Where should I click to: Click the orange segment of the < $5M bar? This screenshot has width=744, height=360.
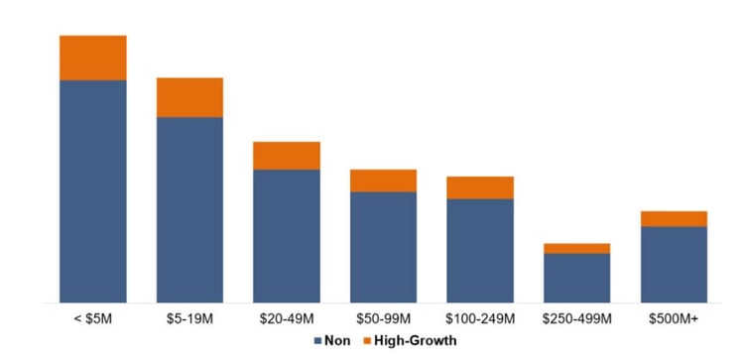point(92,58)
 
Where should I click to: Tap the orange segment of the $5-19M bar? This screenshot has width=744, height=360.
point(189,97)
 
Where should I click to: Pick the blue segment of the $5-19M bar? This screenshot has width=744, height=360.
point(189,209)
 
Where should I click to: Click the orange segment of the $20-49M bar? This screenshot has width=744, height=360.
point(286,156)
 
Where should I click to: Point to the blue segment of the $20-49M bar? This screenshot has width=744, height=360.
point(286,236)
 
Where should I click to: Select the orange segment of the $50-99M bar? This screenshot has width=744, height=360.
point(383,180)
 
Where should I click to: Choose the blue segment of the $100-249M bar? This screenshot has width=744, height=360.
point(479,250)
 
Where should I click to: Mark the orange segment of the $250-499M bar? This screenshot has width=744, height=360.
point(576,248)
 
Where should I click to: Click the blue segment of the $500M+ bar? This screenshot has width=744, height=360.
point(674,264)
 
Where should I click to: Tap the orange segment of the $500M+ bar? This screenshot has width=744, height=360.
point(674,219)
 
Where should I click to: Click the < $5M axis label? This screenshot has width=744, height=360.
point(92,318)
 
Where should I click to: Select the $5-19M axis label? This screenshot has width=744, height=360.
point(189,318)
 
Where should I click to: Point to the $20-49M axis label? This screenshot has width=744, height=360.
point(286,318)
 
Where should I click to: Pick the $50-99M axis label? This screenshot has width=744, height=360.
point(383,318)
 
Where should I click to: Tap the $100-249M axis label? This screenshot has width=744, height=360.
point(479,318)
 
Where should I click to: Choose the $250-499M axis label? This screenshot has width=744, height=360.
point(576,318)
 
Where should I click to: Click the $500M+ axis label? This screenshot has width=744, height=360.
point(674,318)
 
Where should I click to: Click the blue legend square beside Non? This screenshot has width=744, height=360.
point(317,340)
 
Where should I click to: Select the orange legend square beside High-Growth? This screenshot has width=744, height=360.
point(368,340)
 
